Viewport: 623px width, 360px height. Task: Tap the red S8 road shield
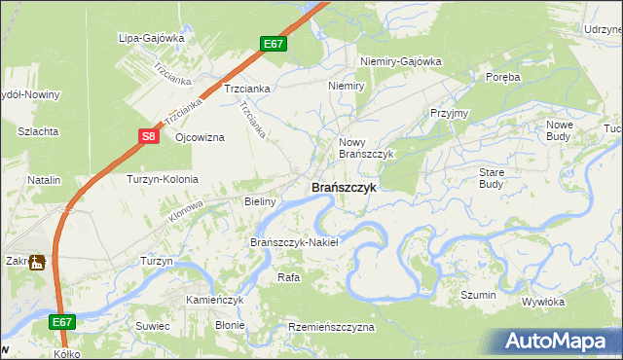tap(148, 137)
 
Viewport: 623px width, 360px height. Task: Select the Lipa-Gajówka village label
tap(151, 38)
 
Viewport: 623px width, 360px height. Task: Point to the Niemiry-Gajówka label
tap(401, 61)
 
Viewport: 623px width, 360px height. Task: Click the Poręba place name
tap(503, 76)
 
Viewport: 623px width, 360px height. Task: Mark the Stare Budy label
tap(491, 177)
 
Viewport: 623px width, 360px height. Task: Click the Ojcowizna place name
tap(200, 137)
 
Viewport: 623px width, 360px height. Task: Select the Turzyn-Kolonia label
tap(163, 180)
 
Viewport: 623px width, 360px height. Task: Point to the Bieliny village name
tap(260, 202)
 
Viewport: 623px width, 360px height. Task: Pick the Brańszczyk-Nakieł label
tap(294, 242)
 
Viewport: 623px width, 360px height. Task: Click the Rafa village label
tap(288, 277)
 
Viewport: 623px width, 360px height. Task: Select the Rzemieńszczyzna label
tap(331, 328)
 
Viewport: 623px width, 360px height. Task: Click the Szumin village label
tap(478, 295)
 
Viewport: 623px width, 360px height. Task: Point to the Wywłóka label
tap(543, 302)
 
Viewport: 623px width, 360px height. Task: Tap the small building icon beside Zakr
tap(37, 262)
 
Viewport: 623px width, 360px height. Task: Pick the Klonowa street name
tap(185, 210)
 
